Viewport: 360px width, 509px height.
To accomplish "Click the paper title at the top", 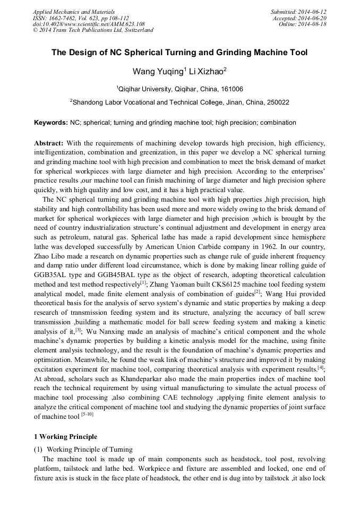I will (x=179, y=53).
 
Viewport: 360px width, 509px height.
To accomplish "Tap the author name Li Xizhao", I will (x=209, y=71).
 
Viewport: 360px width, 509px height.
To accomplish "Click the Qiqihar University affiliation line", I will (x=179, y=89).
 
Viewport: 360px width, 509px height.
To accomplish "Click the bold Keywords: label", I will (x=51, y=123).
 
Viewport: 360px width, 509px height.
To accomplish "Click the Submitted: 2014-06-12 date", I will (x=298, y=12).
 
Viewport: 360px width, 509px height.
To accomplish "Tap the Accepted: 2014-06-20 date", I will (x=299, y=18).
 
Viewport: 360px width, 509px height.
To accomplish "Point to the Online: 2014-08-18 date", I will (x=303, y=24).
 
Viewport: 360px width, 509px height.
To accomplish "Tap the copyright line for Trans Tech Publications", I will (x=93, y=31).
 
